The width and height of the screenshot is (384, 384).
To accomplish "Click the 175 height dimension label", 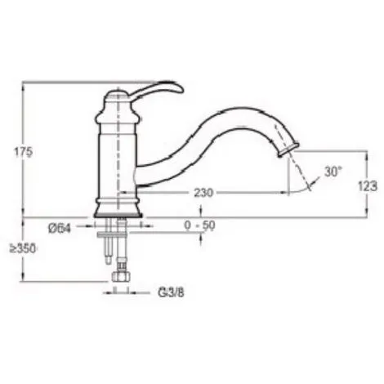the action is click(23, 152).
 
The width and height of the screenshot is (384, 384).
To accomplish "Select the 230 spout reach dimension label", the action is click(203, 193).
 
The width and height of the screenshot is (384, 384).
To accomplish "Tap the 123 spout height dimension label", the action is click(368, 186).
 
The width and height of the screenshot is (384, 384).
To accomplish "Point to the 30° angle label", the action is click(333, 172).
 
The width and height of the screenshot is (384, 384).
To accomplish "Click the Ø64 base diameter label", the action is click(60, 228).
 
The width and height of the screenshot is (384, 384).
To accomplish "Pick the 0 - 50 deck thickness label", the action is click(199, 225).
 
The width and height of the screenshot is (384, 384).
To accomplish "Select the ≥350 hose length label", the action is click(23, 248).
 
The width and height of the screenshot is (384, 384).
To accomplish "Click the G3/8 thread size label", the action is click(171, 293).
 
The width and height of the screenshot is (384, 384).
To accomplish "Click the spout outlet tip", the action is click(288, 150).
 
